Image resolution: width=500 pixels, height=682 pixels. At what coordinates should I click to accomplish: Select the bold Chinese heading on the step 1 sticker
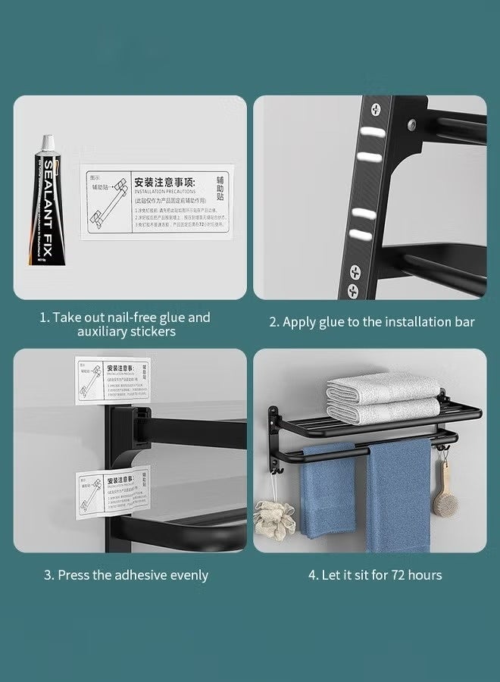point(165,183)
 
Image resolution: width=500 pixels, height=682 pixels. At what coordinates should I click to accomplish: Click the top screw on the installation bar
point(374,110)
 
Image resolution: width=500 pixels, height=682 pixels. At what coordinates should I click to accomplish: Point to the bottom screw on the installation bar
point(353,289)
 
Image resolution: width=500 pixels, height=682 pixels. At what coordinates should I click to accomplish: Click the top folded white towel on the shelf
point(383,389)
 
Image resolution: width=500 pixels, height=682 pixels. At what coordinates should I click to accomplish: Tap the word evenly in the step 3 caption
point(185,575)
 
